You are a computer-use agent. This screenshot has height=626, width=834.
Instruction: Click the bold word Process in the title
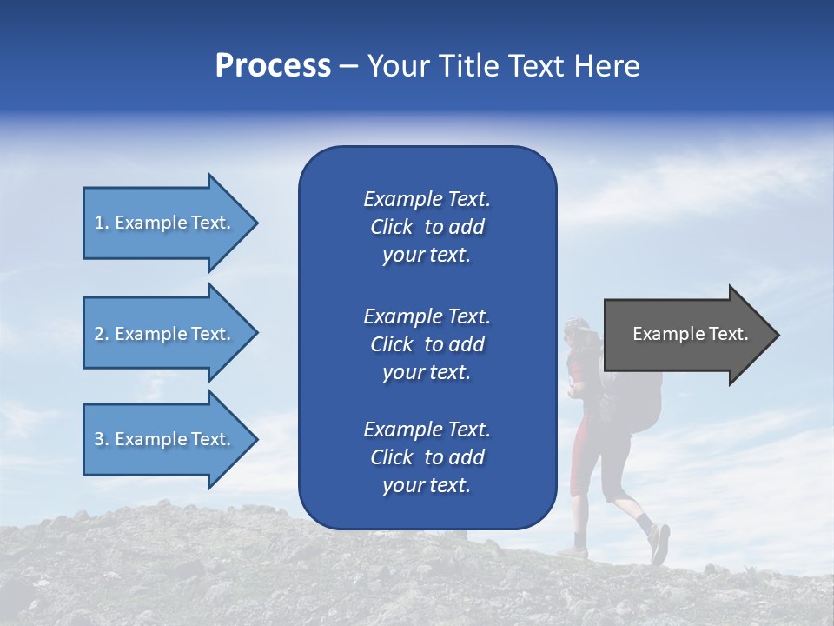[x=273, y=66]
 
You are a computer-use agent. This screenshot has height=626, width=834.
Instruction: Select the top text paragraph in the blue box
[x=427, y=227]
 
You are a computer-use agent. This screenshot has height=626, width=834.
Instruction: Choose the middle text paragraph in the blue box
[x=427, y=343]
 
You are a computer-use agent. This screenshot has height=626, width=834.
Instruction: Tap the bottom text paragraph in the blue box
[x=427, y=457]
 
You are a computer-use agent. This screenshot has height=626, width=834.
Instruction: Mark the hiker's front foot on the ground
[x=574, y=552]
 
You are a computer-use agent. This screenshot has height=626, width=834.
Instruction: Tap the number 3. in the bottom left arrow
[x=102, y=439]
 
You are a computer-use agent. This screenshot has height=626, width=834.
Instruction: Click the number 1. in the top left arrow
[x=102, y=223]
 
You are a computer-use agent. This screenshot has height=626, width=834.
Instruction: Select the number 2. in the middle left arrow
[x=102, y=334]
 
